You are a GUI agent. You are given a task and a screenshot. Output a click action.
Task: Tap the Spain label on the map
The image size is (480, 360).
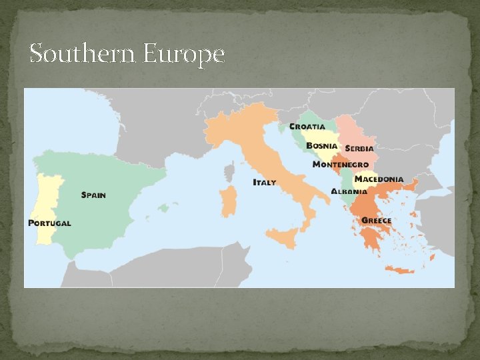pos(93,195)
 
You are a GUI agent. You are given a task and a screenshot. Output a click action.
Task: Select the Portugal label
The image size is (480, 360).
pos(49,223)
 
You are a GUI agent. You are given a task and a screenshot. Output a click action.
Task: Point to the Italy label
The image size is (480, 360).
pos(264,182)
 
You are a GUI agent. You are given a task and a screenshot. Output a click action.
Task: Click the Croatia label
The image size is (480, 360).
pos(307,126)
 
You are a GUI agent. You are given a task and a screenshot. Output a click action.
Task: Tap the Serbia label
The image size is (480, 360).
pos(359,148)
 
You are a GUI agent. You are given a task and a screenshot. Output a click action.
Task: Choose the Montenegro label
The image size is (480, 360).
pos(341,165)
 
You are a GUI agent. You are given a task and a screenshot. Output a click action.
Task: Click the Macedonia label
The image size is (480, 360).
pos(379,179)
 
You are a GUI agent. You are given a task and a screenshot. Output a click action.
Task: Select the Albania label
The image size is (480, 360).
pos(349,191)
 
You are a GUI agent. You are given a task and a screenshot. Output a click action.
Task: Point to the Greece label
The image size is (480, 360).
pos(377,221)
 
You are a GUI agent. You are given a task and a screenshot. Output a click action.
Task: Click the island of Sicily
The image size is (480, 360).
pos(283,237)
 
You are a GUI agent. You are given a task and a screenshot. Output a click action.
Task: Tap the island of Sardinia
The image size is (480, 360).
pos(229,202)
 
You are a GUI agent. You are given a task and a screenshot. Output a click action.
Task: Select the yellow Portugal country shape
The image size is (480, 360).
pos(48,200)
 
